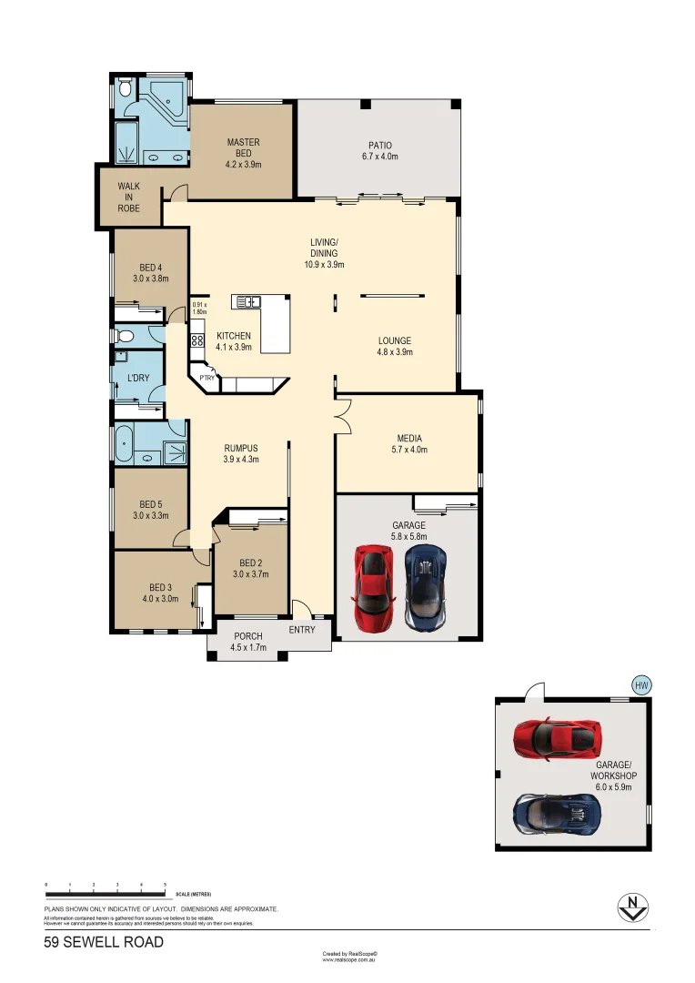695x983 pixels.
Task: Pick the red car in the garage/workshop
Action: (554, 737)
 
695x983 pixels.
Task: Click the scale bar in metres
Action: (105, 887)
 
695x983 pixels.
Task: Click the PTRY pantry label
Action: (207, 378)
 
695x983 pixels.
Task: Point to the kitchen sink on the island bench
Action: (247, 301)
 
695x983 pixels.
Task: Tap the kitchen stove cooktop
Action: (197, 342)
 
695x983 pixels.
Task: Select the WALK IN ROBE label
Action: (128, 197)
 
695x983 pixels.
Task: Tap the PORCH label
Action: (248, 636)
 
